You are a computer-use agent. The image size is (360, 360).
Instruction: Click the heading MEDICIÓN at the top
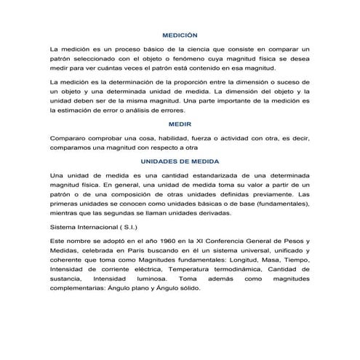click(180, 36)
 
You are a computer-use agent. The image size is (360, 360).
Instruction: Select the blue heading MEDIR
click(180, 124)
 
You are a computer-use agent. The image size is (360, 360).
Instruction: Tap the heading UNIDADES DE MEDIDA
click(180, 161)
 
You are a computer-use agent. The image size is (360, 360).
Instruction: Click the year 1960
click(160, 239)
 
